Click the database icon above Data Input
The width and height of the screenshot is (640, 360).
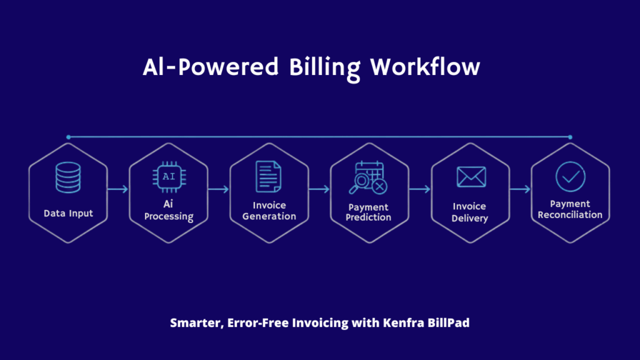click(68, 177)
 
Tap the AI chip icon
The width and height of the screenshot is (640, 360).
click(169, 177)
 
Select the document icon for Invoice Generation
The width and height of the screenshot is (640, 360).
click(268, 177)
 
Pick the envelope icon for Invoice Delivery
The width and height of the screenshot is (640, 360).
click(471, 177)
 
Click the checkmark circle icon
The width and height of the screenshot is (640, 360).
click(571, 176)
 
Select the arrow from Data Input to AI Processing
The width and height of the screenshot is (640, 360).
click(118, 189)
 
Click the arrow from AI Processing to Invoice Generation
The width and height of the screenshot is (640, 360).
click(219, 189)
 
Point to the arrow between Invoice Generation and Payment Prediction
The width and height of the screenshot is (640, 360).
click(319, 189)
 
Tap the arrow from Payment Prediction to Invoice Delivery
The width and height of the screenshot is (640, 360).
click(420, 189)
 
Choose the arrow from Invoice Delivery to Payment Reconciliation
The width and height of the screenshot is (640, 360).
click(521, 189)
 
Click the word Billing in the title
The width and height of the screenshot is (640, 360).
click(325, 67)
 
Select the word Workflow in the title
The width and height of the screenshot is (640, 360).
click(425, 67)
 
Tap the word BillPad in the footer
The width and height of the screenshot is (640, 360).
click(448, 324)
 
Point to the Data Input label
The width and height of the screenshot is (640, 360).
click(68, 214)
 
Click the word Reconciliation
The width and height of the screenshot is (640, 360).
click(571, 214)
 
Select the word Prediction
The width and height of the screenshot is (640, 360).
click(369, 217)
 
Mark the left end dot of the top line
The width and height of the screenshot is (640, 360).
click(68, 137)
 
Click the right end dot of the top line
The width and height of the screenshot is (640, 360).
click(571, 137)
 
